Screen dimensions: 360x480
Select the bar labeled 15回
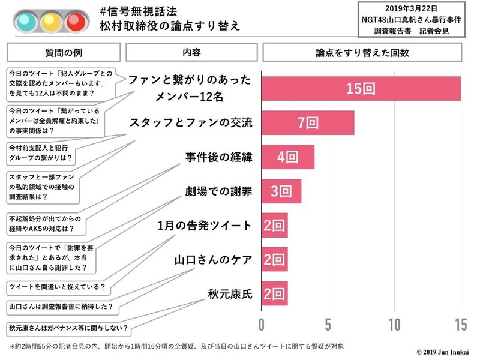[361, 89]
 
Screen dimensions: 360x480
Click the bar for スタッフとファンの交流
[308, 123]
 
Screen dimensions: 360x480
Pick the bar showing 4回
[288, 157]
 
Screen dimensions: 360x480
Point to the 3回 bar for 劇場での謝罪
[281, 191]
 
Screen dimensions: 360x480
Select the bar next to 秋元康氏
[275, 294]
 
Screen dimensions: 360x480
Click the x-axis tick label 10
[394, 325]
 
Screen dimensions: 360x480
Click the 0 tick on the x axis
[262, 325]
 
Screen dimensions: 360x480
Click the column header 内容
[191, 52]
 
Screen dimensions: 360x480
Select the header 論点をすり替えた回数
[362, 52]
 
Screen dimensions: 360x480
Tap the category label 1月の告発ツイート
[205, 226]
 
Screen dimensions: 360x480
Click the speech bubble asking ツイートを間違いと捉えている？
[56, 287]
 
